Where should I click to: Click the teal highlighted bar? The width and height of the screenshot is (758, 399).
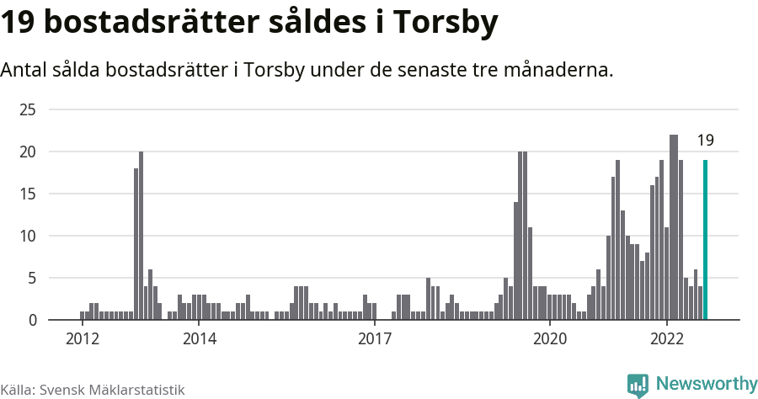pyautogui.click(x=705, y=240)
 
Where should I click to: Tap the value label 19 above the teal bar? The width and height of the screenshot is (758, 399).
pyautogui.click(x=705, y=141)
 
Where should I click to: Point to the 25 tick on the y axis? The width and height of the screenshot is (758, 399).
pyautogui.click(x=28, y=109)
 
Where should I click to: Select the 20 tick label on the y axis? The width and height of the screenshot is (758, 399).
pyautogui.click(x=28, y=152)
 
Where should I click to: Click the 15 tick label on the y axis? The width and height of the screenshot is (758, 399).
pyautogui.click(x=28, y=194)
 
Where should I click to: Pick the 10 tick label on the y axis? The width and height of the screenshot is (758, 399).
pyautogui.click(x=28, y=236)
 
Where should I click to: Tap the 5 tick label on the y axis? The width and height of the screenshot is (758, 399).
pyautogui.click(x=32, y=278)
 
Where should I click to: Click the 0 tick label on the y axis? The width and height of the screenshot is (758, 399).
pyautogui.click(x=32, y=320)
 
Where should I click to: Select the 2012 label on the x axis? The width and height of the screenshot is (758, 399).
pyautogui.click(x=83, y=338)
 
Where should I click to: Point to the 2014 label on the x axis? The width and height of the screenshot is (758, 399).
pyautogui.click(x=199, y=338)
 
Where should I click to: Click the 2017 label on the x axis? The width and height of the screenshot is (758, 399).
pyautogui.click(x=375, y=338)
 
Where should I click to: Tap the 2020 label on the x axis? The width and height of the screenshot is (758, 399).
pyautogui.click(x=550, y=338)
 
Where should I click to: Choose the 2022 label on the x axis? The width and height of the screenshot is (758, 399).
pyautogui.click(x=667, y=338)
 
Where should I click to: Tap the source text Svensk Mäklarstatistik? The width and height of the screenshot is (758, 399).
pyautogui.click(x=112, y=390)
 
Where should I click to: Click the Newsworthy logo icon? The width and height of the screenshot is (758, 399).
pyautogui.click(x=638, y=385)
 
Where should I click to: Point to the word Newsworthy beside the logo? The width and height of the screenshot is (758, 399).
pyautogui.click(x=706, y=384)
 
